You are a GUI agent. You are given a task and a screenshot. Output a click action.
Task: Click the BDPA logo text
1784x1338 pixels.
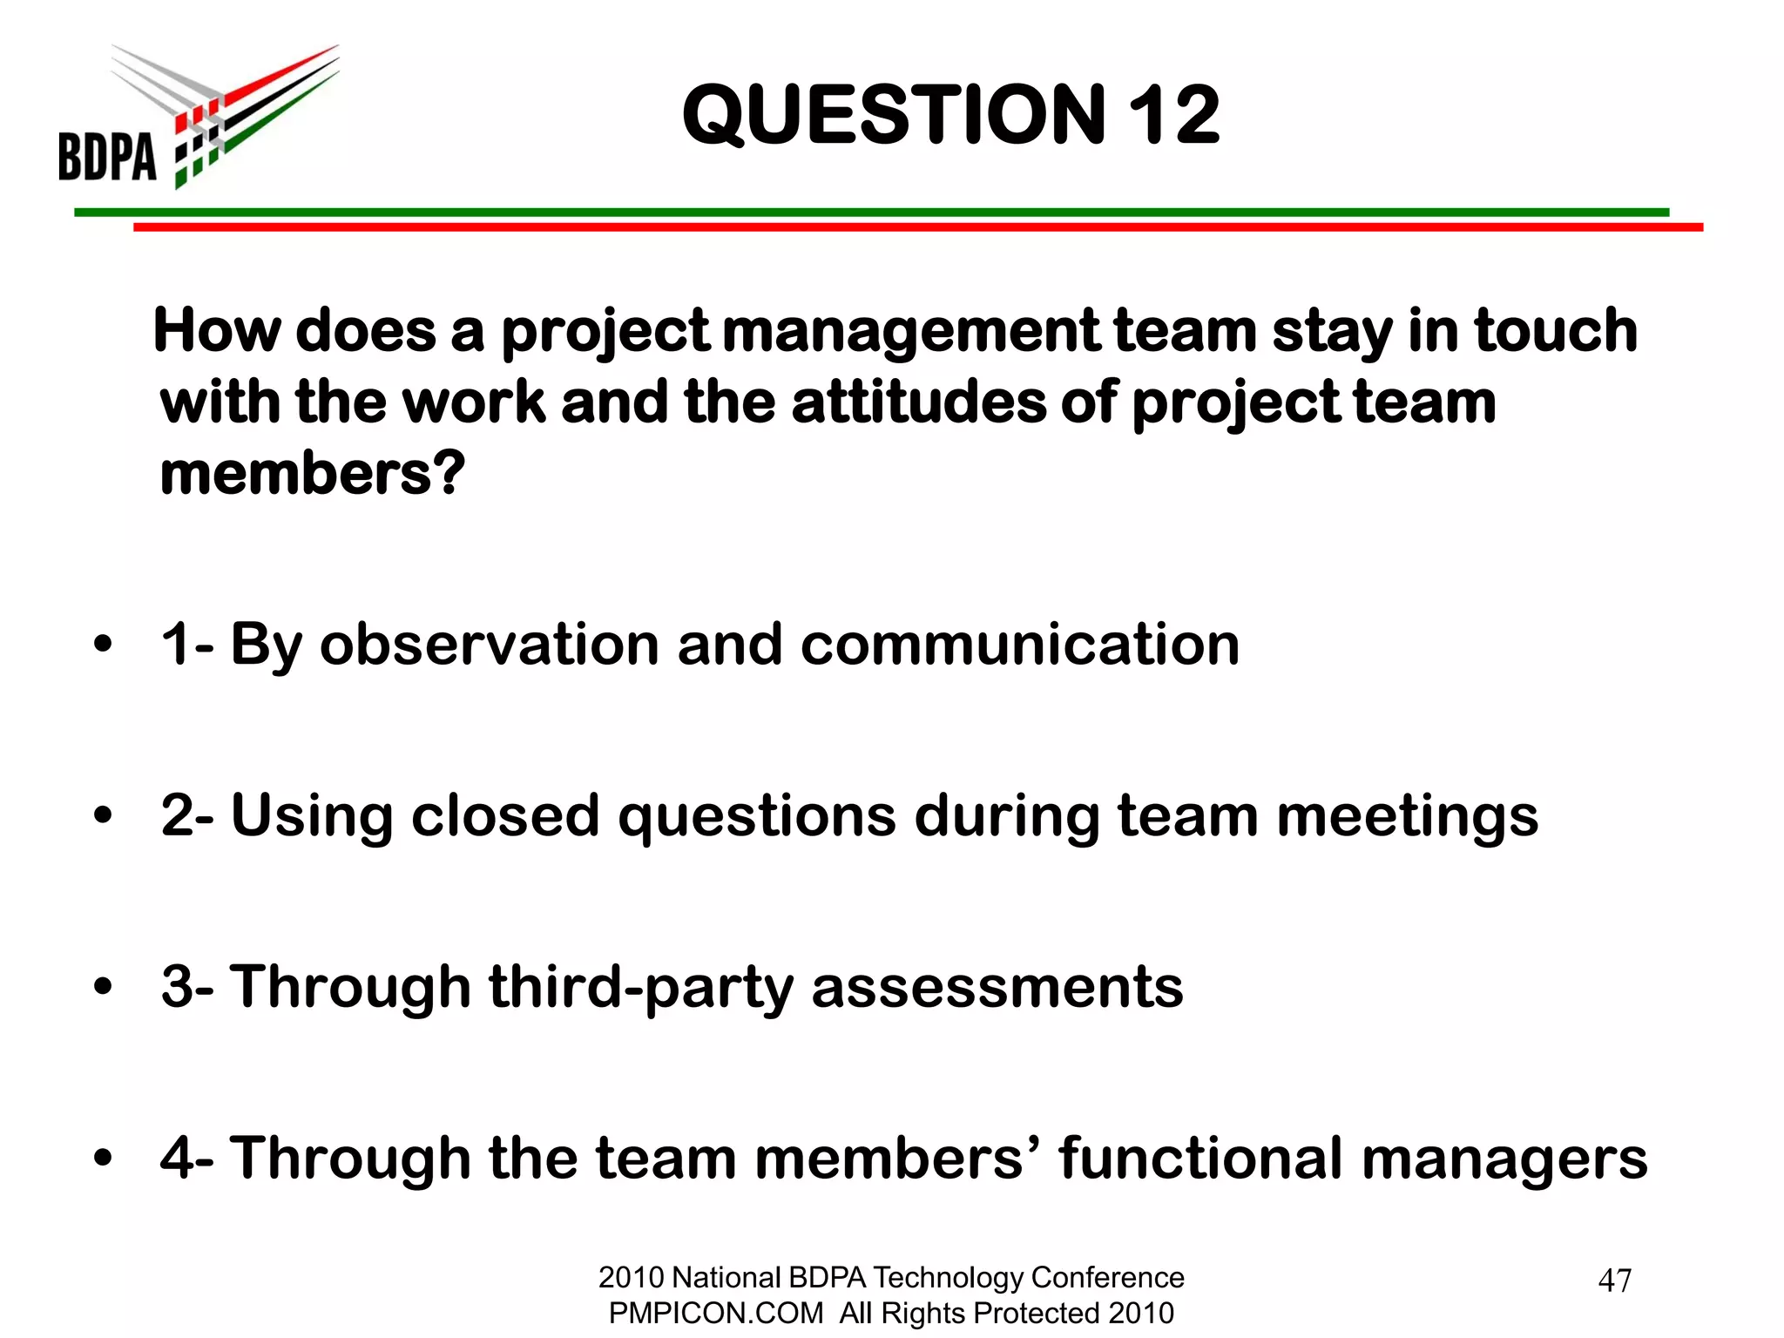tap(107, 157)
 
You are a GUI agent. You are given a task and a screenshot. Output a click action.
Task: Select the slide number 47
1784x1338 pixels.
tap(1615, 1281)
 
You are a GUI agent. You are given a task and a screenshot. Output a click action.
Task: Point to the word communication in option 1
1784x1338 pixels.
tap(1019, 645)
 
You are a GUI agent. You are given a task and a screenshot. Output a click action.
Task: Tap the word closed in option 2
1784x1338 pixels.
tap(505, 816)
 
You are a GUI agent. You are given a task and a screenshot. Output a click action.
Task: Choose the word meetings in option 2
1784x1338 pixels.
tap(1407, 816)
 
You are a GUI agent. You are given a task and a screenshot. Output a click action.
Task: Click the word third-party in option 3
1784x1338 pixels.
tap(640, 987)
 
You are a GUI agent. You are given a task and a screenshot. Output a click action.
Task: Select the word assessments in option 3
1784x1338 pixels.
tap(997, 987)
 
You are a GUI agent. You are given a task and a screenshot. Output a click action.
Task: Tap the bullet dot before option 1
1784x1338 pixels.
tap(104, 645)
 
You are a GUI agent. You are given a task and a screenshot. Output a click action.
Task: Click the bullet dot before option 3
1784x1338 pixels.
tap(104, 987)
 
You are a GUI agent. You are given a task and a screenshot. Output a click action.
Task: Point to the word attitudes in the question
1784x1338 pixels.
tap(919, 402)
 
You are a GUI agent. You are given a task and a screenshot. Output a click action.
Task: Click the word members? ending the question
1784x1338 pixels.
tap(313, 474)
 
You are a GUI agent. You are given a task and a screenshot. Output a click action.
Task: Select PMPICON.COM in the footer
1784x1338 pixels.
tap(715, 1313)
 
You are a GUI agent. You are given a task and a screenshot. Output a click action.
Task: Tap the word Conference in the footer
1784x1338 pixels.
tap(1107, 1277)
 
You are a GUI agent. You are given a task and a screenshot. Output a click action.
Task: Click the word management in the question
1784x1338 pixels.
tap(910, 331)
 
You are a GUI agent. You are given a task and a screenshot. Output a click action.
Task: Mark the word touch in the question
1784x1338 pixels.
tap(1556, 331)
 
